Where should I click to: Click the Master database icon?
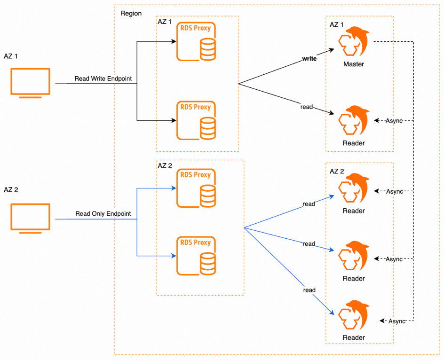coord(353,43)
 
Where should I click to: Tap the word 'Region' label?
coord(131,13)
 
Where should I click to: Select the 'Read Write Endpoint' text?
coord(103,78)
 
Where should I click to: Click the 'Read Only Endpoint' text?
coord(103,214)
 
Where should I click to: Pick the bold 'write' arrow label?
coord(309,59)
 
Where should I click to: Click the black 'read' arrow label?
coord(307,107)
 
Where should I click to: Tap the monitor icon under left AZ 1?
coord(31,83)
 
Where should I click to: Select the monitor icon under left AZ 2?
coord(31,218)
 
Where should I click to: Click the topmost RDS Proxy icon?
coord(196,42)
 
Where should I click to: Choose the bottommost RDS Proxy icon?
coord(196,257)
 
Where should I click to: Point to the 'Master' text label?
coord(354,64)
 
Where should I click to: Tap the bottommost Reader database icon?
coord(353,316)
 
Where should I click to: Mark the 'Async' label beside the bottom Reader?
coord(396,321)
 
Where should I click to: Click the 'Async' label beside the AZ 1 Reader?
coord(394,121)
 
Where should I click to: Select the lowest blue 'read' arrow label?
coord(309,290)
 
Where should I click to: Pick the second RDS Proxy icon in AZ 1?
coord(196,121)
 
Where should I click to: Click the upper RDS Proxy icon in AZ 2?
coord(196,189)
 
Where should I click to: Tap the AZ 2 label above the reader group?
coord(337,171)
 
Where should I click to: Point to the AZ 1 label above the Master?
coord(337,24)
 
